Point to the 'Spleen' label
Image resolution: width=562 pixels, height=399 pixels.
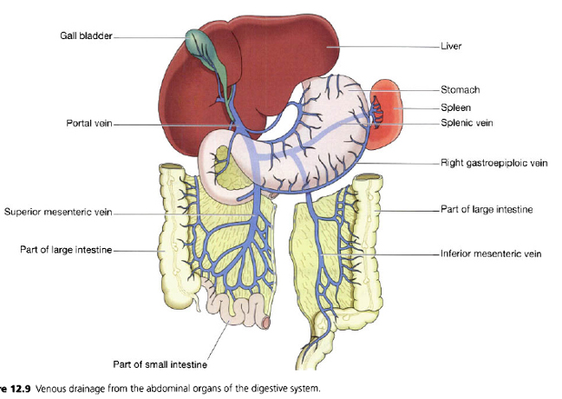coord(456,108)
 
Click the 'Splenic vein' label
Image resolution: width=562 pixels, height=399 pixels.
coord(467,123)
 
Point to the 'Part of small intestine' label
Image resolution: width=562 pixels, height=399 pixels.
coord(160,363)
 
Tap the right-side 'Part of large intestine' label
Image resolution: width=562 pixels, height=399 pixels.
coord(486,210)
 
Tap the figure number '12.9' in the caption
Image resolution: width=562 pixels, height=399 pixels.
coord(19,388)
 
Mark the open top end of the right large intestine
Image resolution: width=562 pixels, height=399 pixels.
coord(368,180)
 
